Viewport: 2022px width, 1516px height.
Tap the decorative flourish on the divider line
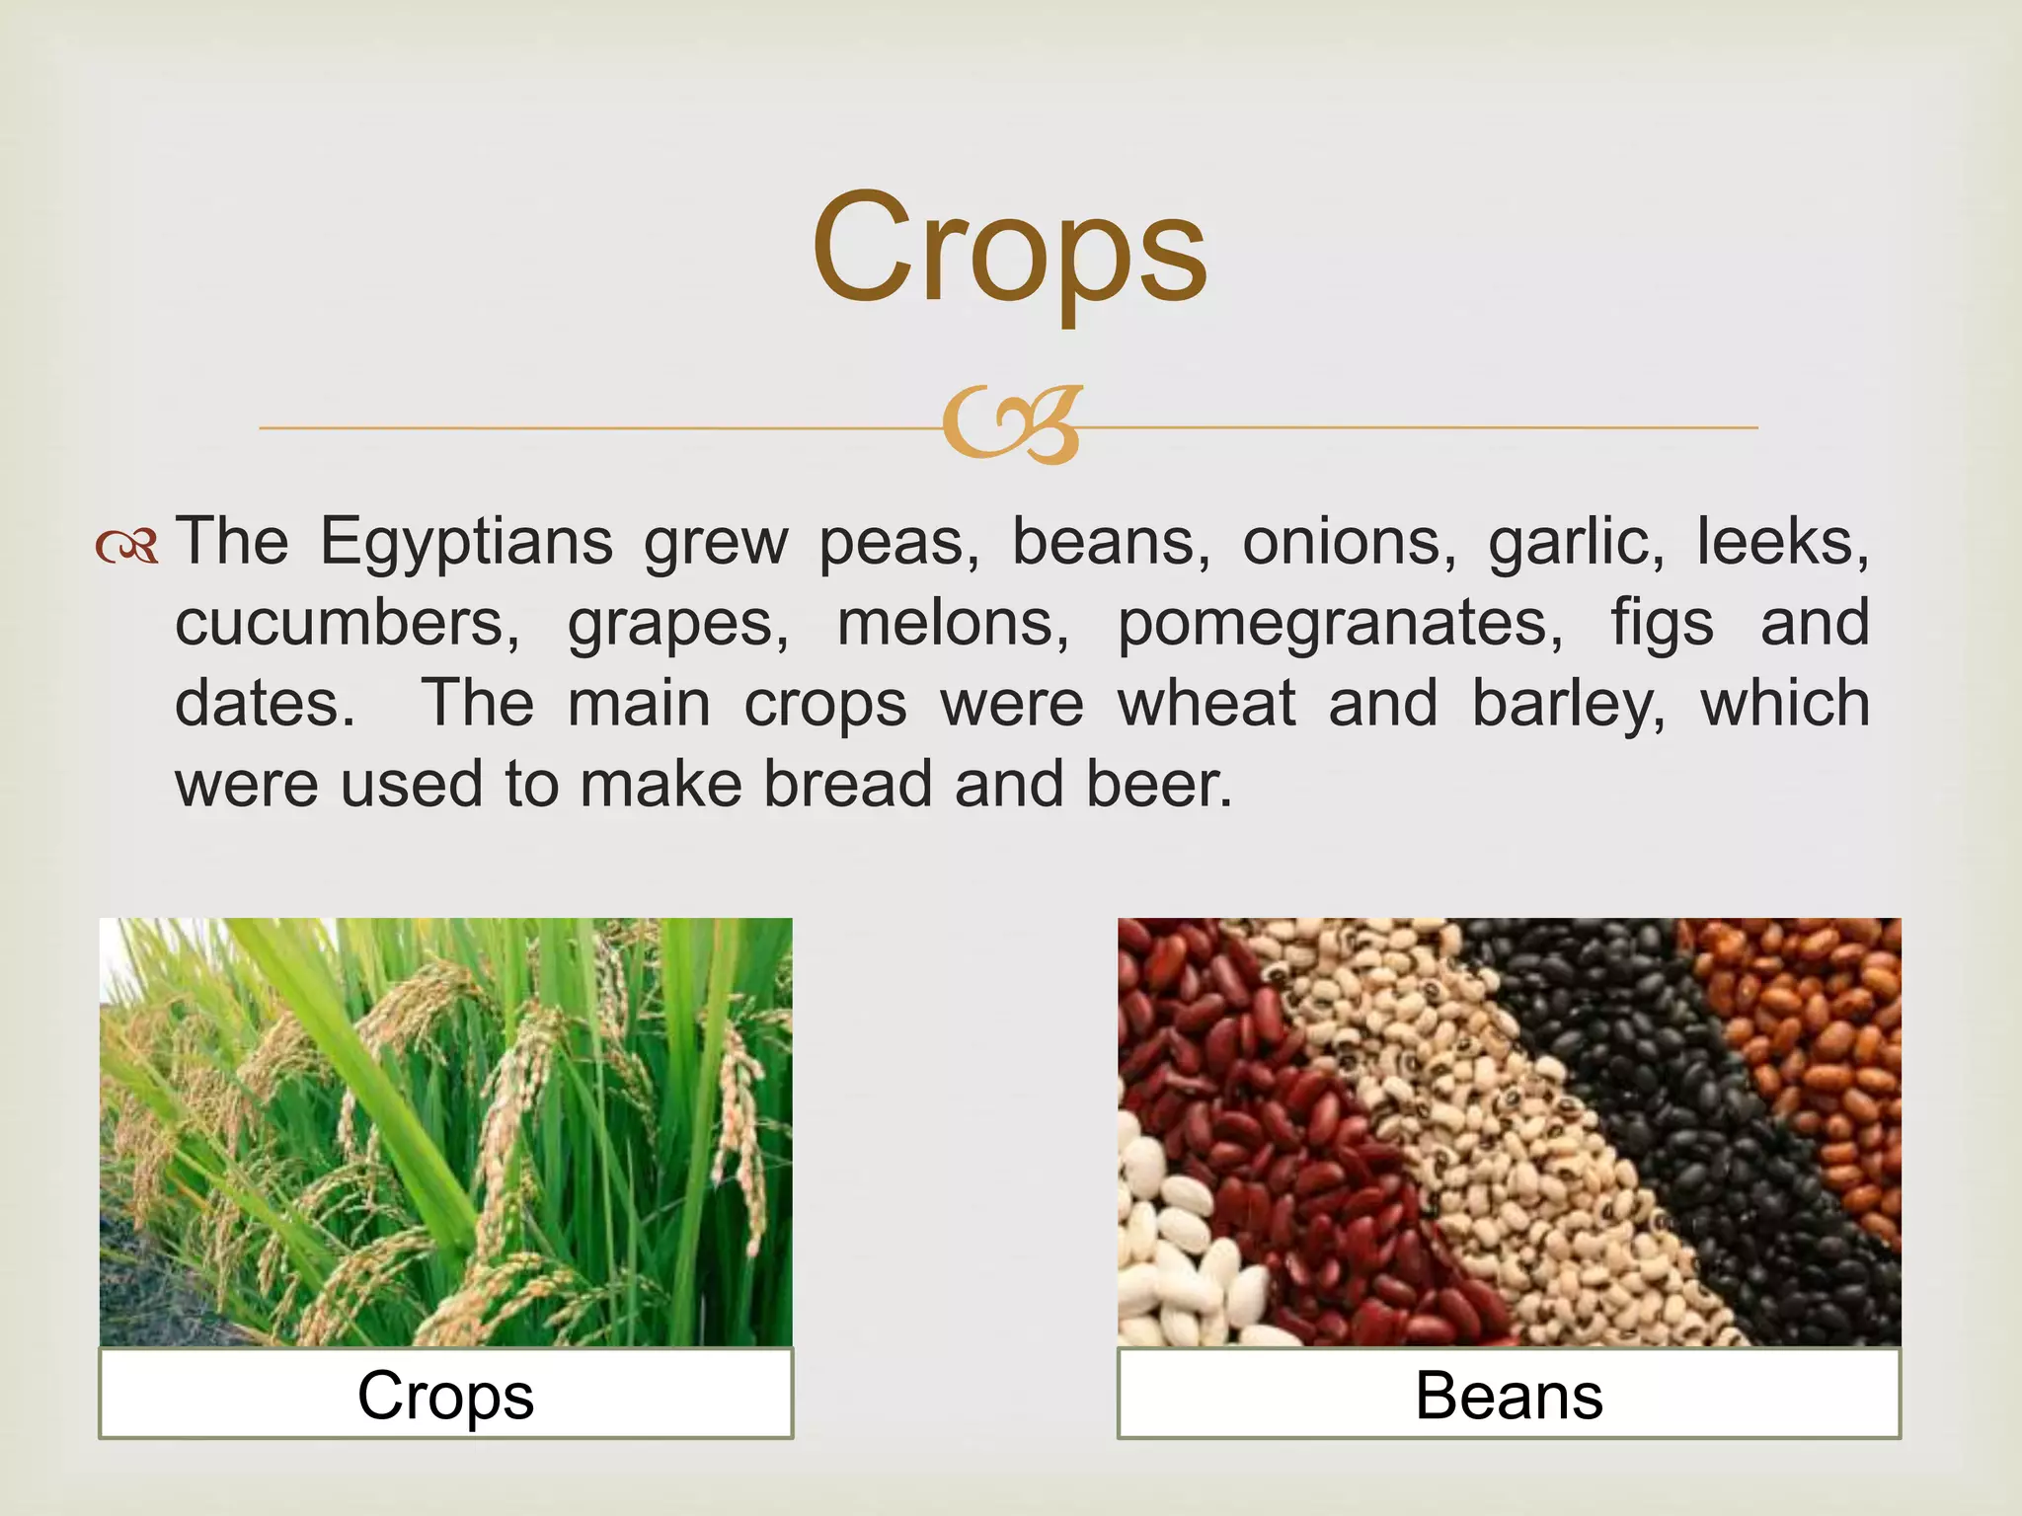pos(1011,425)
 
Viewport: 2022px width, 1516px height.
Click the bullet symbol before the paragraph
pos(127,546)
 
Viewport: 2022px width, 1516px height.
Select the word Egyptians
pos(466,544)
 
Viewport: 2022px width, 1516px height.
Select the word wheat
pos(1205,705)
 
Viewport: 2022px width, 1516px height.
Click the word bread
pos(848,785)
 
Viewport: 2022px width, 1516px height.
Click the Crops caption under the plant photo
pos(445,1397)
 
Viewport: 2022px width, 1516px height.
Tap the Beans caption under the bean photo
pos(1509,1397)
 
